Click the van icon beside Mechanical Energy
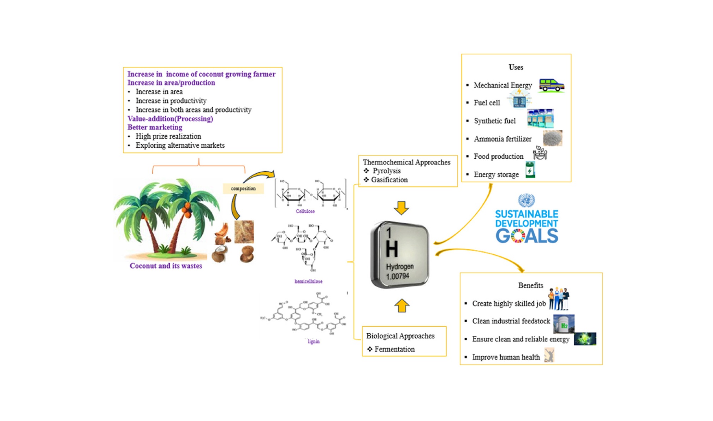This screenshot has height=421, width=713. [x=551, y=85]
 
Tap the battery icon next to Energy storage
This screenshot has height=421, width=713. [x=530, y=170]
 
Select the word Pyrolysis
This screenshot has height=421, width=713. [x=386, y=171]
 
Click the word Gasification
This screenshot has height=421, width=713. [x=389, y=180]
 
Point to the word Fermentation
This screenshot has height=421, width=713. [x=394, y=349]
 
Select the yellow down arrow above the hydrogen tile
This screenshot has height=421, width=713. [x=401, y=208]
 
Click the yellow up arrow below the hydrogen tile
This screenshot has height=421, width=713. [x=402, y=306]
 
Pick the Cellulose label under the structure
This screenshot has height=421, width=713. [x=305, y=212]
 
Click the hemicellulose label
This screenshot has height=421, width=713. [x=308, y=281]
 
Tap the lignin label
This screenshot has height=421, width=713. [x=314, y=342]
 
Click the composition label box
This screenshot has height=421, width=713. [x=243, y=189]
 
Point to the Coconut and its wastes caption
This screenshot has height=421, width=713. [x=166, y=266]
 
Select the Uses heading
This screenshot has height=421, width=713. [x=516, y=67]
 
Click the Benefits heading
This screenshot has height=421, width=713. [x=530, y=285]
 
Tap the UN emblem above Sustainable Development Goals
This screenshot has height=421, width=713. [x=526, y=200]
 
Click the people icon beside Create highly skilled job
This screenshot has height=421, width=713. [x=558, y=299]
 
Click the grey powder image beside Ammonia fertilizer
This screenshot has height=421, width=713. [x=552, y=138]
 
